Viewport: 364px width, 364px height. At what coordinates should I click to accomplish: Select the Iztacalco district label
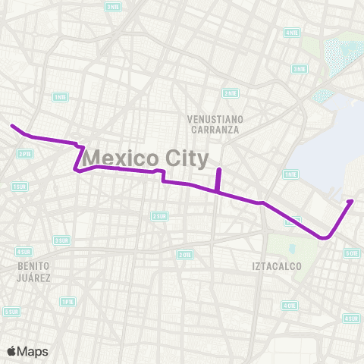pyautogui.click(x=277, y=266)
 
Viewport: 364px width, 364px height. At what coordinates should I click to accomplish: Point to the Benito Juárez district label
pyautogui.click(x=34, y=271)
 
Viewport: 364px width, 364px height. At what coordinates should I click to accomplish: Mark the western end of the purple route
pyautogui.click(x=11, y=126)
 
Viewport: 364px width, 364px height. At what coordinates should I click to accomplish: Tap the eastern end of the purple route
pyautogui.click(x=351, y=201)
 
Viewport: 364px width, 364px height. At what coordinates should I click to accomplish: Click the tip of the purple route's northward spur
pyautogui.click(x=218, y=169)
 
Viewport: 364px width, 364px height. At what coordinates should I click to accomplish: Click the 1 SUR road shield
pyautogui.click(x=20, y=186)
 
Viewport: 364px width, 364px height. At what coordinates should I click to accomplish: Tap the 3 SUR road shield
pyautogui.click(x=61, y=240)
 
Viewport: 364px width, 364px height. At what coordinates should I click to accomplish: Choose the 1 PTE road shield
pyautogui.click(x=67, y=301)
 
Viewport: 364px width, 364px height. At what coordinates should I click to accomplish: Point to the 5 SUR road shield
pyautogui.click(x=11, y=311)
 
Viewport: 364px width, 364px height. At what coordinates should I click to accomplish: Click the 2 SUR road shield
pyautogui.click(x=159, y=216)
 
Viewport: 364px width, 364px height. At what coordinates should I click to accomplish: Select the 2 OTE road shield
pyautogui.click(x=184, y=255)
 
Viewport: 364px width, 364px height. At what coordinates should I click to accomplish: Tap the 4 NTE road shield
pyautogui.click(x=291, y=33)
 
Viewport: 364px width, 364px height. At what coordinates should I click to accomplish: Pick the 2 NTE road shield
pyautogui.click(x=230, y=93)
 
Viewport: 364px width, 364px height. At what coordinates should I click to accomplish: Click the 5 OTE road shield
pyautogui.click(x=351, y=253)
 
